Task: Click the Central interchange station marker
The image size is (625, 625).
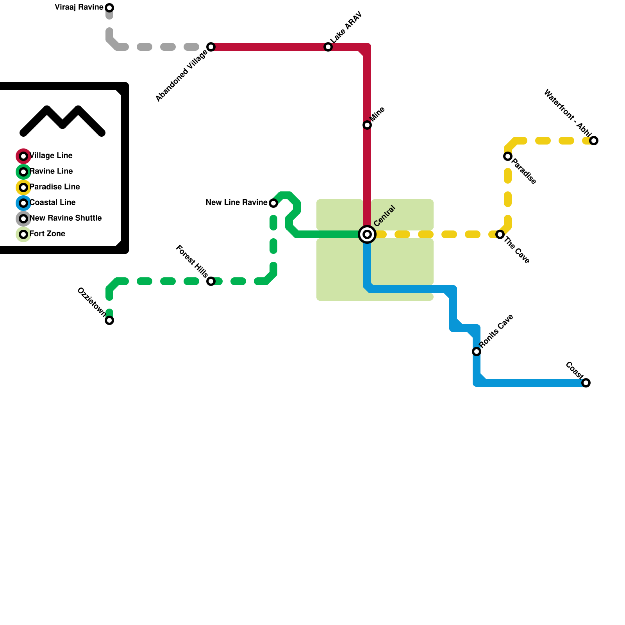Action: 367,234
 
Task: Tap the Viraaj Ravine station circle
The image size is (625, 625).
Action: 110,8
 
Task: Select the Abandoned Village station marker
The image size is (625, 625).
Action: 211,47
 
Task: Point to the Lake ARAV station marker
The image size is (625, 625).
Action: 328,47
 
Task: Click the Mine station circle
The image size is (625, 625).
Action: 367,125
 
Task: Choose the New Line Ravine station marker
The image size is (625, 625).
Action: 273,203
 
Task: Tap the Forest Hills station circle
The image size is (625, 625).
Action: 211,281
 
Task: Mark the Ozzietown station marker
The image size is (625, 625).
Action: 110,320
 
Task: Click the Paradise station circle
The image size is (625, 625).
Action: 508,156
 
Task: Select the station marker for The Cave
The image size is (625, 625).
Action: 500,234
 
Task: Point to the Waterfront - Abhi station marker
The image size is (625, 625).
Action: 594,141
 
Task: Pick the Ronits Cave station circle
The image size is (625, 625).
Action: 477,352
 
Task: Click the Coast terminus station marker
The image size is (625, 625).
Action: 586,383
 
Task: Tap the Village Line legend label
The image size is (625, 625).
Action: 51,156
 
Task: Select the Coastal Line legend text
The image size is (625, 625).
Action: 53,203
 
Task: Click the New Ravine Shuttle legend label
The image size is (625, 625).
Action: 66,218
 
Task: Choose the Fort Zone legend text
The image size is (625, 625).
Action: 47,234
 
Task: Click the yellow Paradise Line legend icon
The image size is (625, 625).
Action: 23,187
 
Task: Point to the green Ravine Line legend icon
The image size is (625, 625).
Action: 23,172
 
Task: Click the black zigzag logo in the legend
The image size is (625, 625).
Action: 62,121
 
